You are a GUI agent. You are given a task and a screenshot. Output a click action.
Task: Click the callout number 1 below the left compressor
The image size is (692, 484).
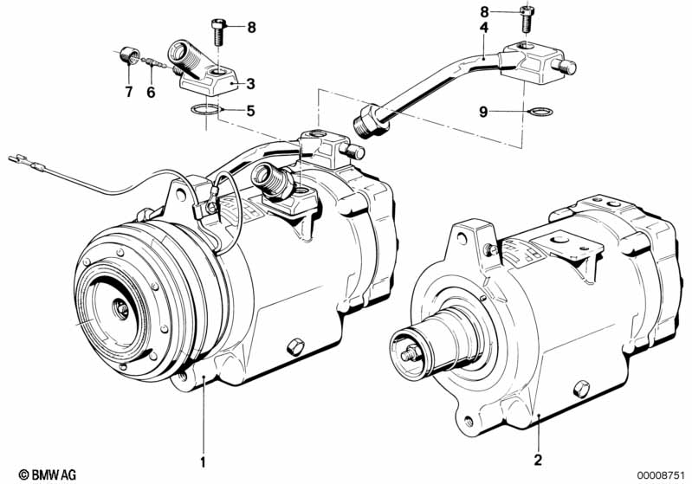(203, 462)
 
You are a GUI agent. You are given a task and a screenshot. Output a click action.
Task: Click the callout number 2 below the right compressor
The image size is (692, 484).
(538, 460)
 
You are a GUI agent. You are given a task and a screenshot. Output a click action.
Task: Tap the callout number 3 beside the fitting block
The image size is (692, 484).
(250, 83)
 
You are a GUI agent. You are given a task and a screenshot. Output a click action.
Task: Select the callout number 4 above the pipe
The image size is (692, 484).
(484, 28)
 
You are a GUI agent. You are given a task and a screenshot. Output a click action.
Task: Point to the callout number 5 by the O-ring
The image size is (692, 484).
(250, 111)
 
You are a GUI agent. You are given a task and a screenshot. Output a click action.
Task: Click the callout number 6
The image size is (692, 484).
(151, 93)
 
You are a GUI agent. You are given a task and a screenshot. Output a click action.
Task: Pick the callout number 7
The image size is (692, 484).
(129, 92)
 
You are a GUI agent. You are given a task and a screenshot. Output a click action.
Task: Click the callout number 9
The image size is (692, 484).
(483, 112)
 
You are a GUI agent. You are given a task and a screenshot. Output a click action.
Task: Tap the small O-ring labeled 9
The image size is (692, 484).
(540, 112)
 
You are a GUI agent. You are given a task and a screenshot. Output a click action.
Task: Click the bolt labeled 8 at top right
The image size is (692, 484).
(526, 19)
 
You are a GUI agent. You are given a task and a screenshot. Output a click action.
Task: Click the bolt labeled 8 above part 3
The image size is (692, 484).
(218, 32)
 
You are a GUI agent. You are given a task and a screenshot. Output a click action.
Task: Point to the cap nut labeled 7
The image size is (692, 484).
(130, 55)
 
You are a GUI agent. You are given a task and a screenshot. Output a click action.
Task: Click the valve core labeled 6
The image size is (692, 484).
(154, 63)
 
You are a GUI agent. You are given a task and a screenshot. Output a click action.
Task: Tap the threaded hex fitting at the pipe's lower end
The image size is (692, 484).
(371, 121)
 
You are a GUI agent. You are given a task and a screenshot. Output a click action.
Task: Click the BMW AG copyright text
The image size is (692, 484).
(48, 474)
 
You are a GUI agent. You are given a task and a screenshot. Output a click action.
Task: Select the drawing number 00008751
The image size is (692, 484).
(660, 475)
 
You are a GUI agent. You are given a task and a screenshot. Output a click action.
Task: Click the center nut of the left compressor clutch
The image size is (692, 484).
(120, 308)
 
